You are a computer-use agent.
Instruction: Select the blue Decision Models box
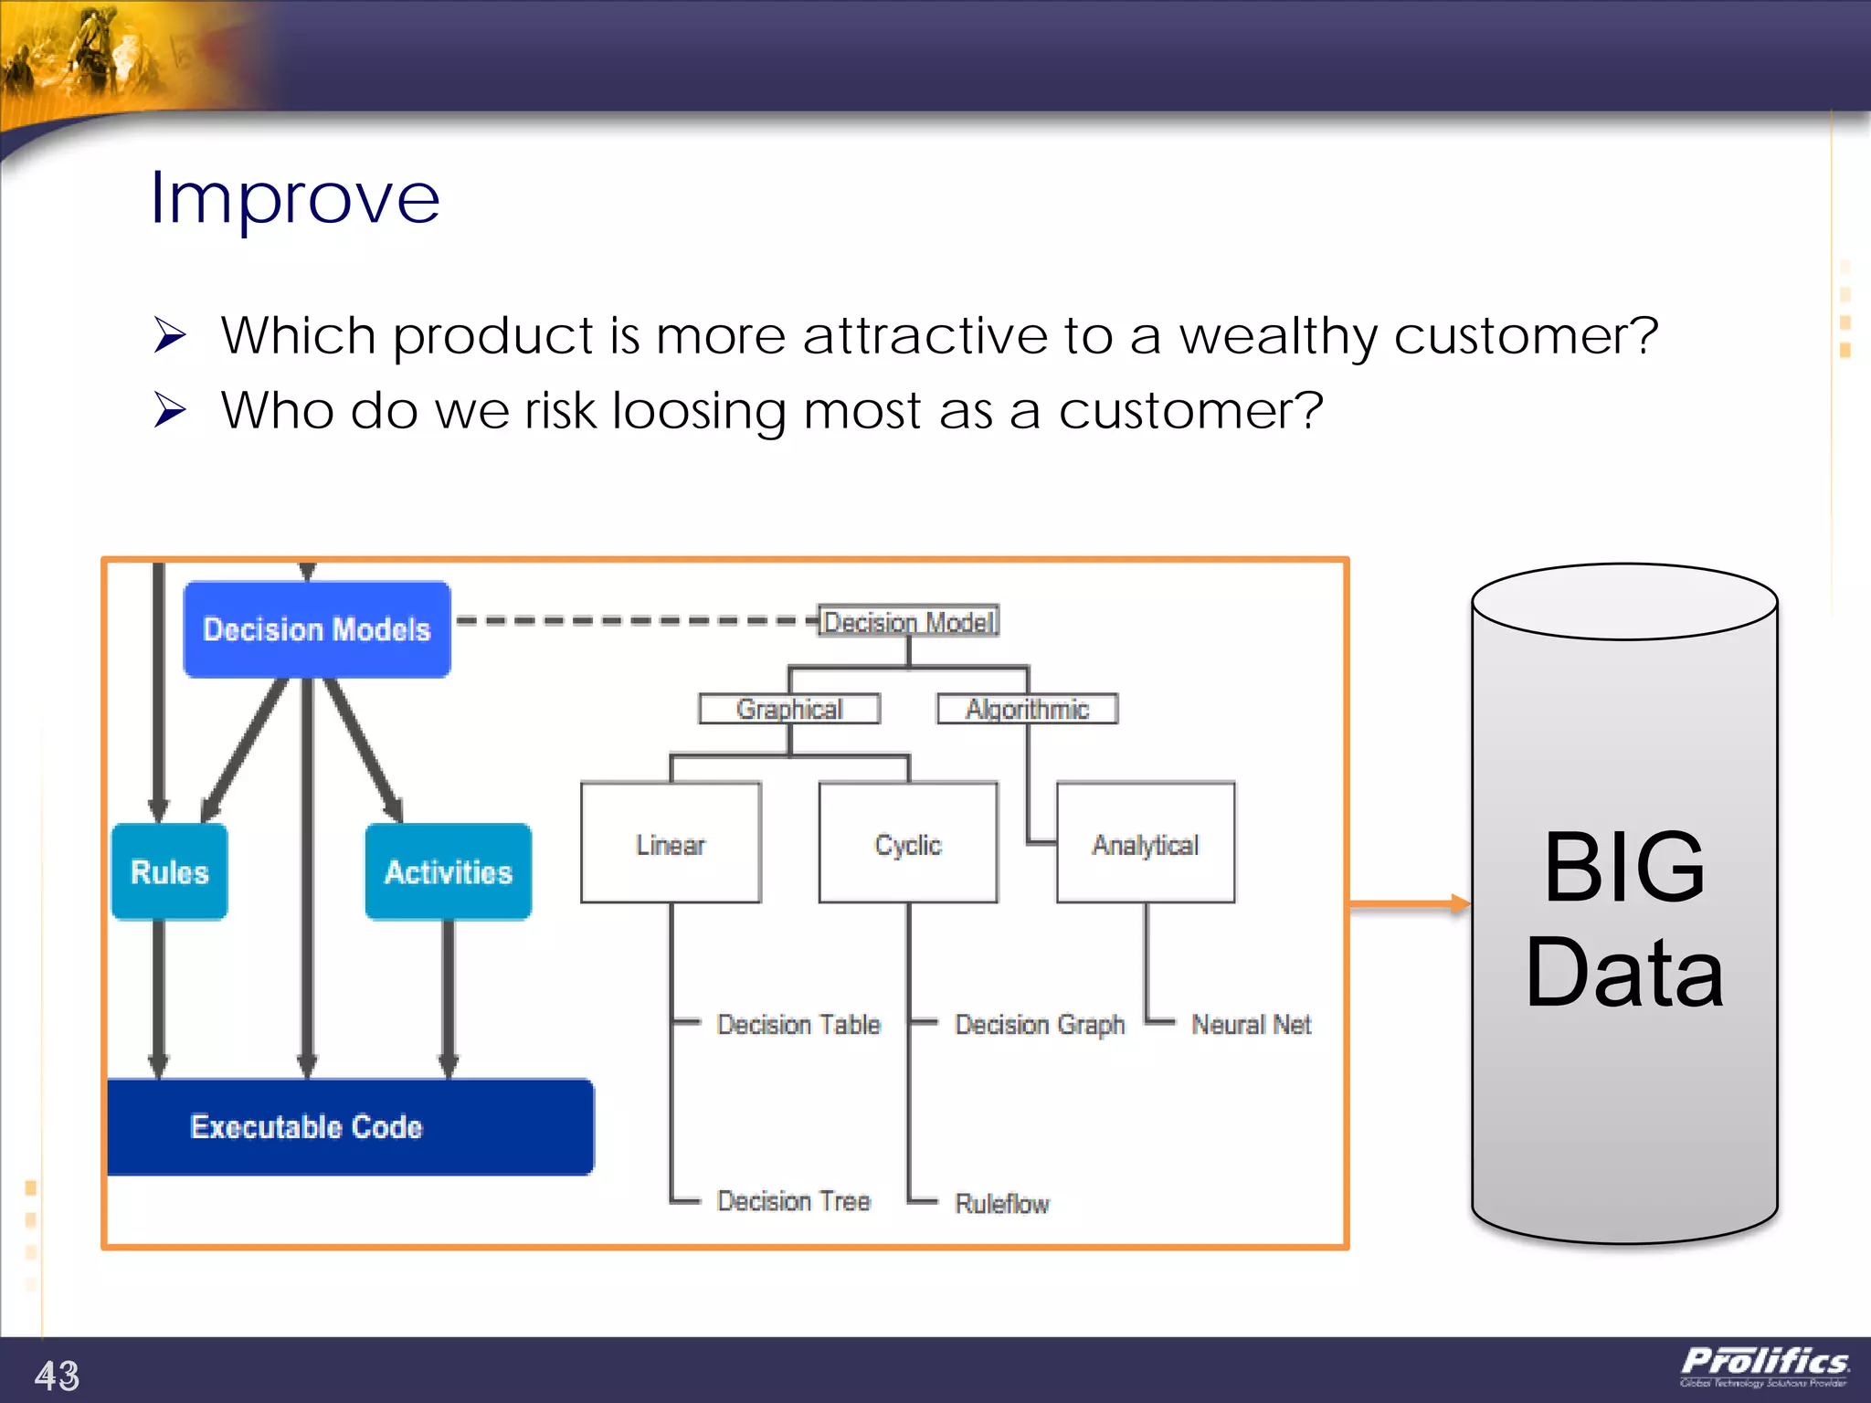click(x=316, y=629)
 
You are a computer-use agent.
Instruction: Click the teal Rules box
click(x=169, y=871)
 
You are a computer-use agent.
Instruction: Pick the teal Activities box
click(x=448, y=871)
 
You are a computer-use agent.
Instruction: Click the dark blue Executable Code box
click(x=350, y=1126)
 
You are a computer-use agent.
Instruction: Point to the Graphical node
click(x=789, y=709)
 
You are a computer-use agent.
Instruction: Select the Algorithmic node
click(x=1027, y=709)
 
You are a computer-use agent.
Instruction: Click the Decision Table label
click(x=798, y=1025)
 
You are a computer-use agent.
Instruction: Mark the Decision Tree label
click(x=793, y=1201)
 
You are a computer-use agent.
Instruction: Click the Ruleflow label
click(x=1001, y=1204)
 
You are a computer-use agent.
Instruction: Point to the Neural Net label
click(x=1251, y=1025)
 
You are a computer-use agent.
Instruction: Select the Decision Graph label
click(x=1039, y=1025)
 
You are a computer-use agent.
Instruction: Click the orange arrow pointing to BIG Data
click(x=1410, y=904)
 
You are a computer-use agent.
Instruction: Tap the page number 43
click(x=57, y=1375)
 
